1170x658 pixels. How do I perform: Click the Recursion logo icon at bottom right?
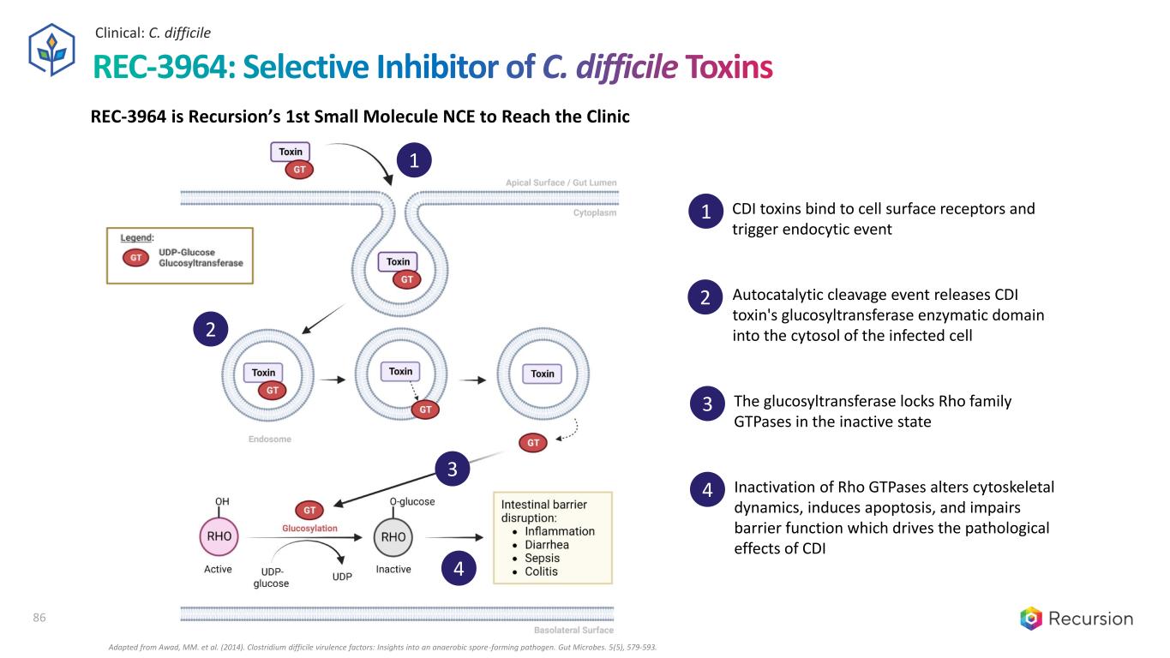point(1031,619)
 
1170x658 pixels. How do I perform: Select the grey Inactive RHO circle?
point(393,537)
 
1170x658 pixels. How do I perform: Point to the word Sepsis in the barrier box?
point(542,558)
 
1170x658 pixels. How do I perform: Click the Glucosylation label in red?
point(309,529)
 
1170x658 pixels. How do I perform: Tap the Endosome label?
point(269,440)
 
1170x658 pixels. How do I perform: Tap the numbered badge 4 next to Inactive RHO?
point(458,570)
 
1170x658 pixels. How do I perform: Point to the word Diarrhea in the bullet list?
point(547,544)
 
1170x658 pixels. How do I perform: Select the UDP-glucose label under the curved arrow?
point(271,577)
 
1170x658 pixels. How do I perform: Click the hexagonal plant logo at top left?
point(53,50)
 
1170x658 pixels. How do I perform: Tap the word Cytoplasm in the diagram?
point(594,213)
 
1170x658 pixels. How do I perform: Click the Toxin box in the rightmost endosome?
point(543,374)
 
